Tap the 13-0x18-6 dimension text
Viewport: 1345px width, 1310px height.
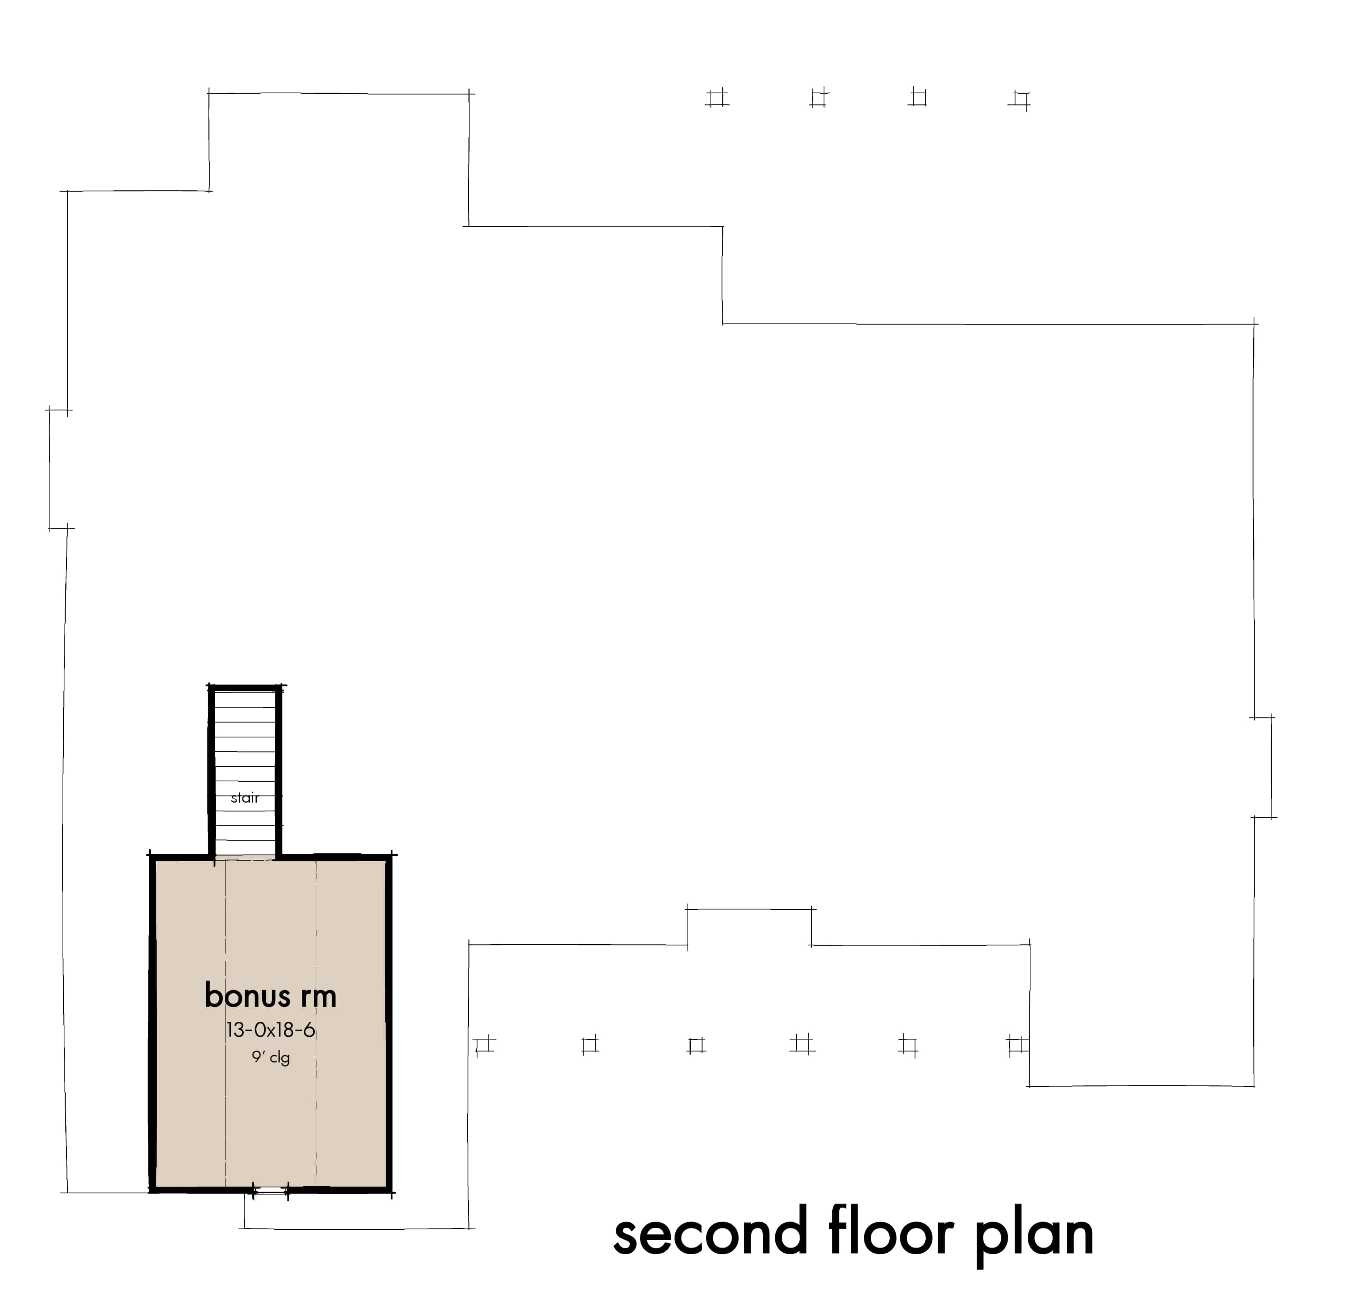pyautogui.click(x=271, y=1030)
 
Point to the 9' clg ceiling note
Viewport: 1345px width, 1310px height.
pyautogui.click(x=271, y=1057)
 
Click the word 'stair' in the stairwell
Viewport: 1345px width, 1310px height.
pyautogui.click(x=245, y=798)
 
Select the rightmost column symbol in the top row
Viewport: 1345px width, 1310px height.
pyautogui.click(x=1021, y=100)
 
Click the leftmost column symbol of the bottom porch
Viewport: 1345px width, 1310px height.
pyautogui.click(x=485, y=1045)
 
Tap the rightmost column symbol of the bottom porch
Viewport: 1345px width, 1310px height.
pyautogui.click(x=1017, y=1045)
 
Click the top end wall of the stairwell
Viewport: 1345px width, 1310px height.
pyautogui.click(x=245, y=688)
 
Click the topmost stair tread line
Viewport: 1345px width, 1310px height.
pyautogui.click(x=245, y=703)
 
